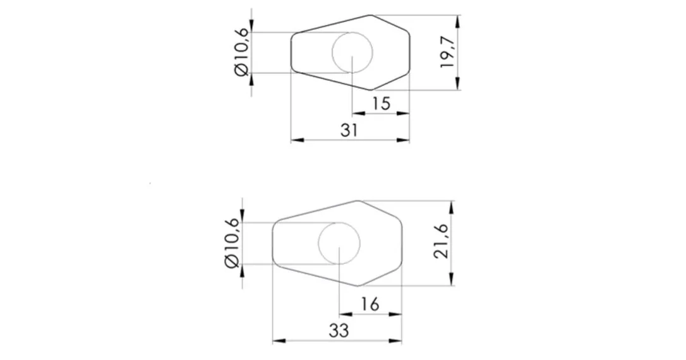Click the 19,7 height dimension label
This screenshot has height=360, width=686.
click(448, 52)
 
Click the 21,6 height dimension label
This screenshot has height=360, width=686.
click(442, 242)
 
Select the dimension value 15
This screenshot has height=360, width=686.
click(381, 104)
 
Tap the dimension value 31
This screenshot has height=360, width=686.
click(349, 130)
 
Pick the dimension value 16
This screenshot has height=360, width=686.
click(370, 304)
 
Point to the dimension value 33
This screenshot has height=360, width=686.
click(339, 331)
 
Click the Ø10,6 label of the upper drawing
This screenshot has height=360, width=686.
click(242, 52)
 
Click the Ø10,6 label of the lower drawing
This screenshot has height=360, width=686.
click(231, 243)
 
